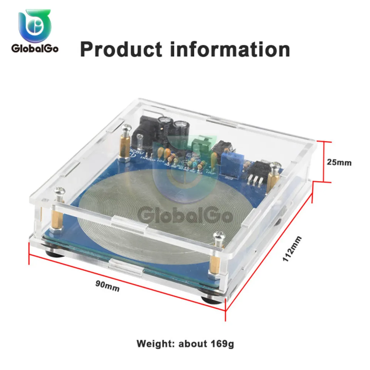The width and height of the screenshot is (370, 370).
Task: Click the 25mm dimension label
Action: (x=339, y=162)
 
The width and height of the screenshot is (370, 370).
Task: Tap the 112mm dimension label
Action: (x=292, y=249)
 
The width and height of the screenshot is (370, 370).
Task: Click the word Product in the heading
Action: (x=121, y=50)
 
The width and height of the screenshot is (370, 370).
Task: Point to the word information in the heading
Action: (x=229, y=50)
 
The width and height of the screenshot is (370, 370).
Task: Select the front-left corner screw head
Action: (x=60, y=192)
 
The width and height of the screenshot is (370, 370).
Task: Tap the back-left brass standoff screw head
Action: (x=125, y=129)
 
